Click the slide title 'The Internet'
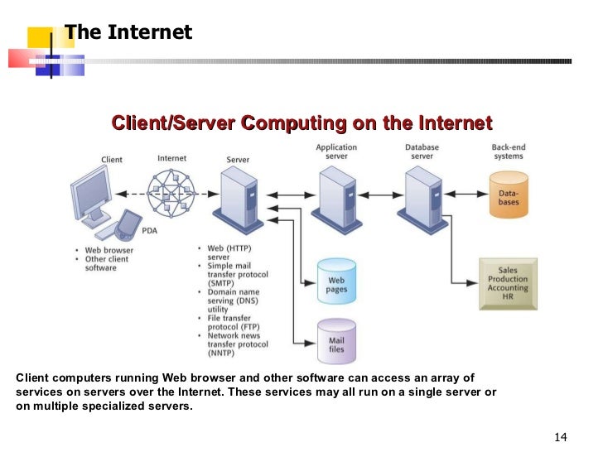click(x=128, y=32)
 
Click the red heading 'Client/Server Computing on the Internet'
click(x=301, y=124)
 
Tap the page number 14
click(x=560, y=436)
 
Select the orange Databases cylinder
click(x=507, y=195)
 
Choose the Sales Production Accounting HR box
click(x=508, y=282)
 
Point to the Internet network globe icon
click(x=172, y=195)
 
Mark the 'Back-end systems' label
click(x=507, y=151)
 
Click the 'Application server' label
click(x=336, y=151)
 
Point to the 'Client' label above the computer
click(x=112, y=160)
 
